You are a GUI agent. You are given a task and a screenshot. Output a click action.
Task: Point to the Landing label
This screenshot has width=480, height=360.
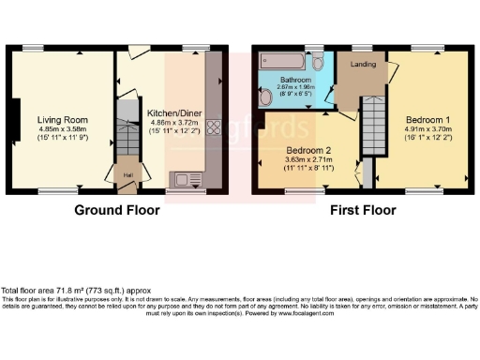[x=364, y=65]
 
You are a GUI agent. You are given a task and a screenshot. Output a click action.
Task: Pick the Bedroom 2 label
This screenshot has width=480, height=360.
[x=308, y=150]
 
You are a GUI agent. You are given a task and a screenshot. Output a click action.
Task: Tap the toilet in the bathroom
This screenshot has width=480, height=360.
[x=320, y=62]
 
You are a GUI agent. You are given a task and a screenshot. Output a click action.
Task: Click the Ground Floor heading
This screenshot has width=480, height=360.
[x=116, y=210]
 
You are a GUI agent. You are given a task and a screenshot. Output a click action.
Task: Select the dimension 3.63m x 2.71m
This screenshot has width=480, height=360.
[x=308, y=160]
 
